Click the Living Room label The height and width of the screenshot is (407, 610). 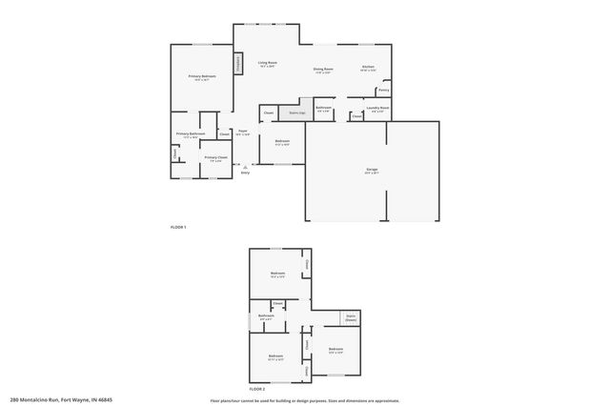click(x=267, y=64)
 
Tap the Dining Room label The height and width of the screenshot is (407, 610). click(x=323, y=70)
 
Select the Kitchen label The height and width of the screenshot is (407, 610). click(x=368, y=68)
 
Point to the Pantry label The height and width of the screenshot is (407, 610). click(x=383, y=91)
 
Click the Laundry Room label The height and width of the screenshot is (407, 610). click(x=378, y=110)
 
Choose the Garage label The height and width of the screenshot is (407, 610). click(x=372, y=171)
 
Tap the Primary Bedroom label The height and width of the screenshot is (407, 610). click(x=201, y=77)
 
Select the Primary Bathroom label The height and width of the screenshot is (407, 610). click(x=190, y=135)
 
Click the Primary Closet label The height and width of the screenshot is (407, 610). click(x=215, y=158)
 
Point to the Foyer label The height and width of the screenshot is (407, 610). click(x=243, y=132)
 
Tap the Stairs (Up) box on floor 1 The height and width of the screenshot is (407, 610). click(x=297, y=112)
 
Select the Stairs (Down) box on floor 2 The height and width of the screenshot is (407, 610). click(x=351, y=318)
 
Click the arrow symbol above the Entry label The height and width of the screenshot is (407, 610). click(x=245, y=166)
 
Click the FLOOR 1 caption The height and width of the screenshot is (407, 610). click(x=177, y=227)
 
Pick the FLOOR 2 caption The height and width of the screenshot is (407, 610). click(x=257, y=390)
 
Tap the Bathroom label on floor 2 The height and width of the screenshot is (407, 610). click(x=266, y=317)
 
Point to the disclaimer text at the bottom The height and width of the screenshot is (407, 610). click(x=304, y=399)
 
